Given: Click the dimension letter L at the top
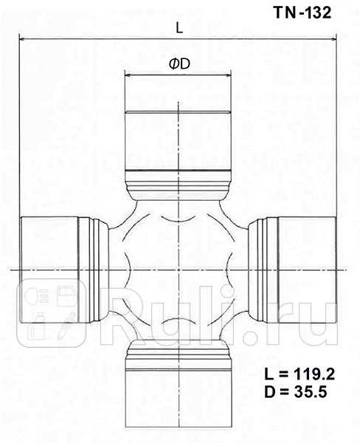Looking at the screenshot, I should pyautogui.click(x=179, y=27).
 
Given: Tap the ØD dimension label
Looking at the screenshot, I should pyautogui.click(x=179, y=64).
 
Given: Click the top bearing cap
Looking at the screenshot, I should pyautogui.click(x=178, y=140).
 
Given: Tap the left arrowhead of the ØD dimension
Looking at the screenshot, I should pyautogui.click(x=127, y=75).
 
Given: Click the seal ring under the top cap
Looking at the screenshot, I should pyautogui.click(x=178, y=182).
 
